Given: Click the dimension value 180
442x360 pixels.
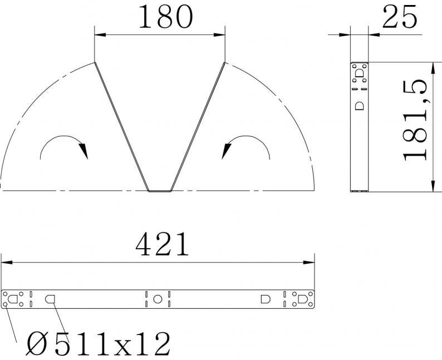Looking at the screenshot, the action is click(165, 17).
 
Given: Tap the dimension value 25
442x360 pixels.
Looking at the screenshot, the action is click(399, 17).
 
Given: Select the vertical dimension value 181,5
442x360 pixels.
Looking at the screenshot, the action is click(414, 120).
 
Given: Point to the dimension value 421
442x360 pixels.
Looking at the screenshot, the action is click(162, 244).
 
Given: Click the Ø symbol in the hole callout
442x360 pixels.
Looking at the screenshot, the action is click(37, 343).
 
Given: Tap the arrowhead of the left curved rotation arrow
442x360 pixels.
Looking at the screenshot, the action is click(84, 151).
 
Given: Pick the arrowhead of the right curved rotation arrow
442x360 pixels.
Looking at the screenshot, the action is click(226, 151).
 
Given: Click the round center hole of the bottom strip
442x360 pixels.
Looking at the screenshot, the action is click(158, 299).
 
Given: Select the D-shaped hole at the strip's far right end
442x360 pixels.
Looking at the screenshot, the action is click(303, 299).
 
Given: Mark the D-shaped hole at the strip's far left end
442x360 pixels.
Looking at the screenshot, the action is click(12, 299).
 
